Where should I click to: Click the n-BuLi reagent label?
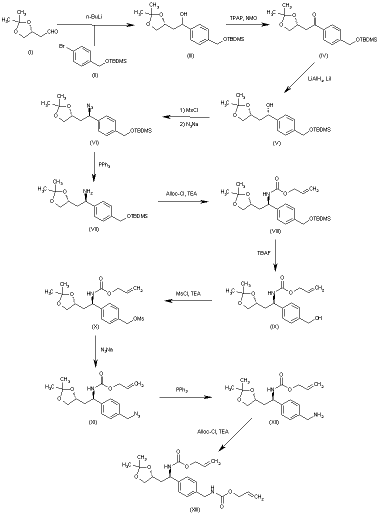pos(94,17)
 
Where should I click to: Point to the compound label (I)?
pos(30,52)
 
